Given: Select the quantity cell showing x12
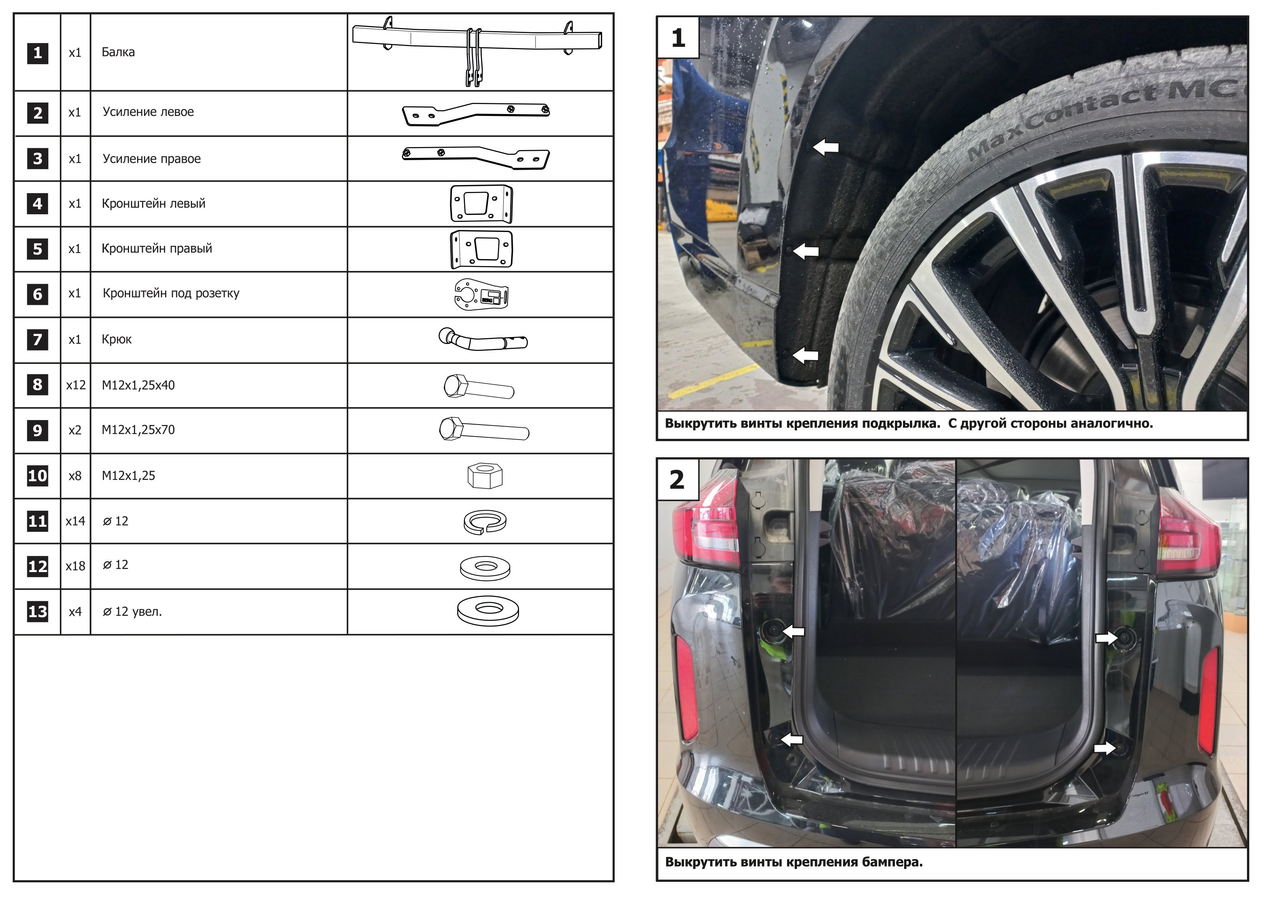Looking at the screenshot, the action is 76,385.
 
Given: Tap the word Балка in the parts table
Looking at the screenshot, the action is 118,52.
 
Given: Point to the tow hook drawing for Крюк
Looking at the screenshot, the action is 483,339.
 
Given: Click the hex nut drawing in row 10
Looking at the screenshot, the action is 485,475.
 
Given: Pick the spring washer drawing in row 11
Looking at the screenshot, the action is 485,522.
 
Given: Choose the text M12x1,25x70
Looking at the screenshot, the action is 138,430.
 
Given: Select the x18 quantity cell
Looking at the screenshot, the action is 76,566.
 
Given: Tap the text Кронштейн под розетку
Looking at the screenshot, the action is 171,293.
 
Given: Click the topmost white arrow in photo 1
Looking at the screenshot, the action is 826,147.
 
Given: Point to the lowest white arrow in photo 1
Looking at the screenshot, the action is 805,355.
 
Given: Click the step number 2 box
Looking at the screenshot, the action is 678,480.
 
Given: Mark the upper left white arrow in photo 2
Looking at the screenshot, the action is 793,631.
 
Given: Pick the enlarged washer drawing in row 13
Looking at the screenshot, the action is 488,611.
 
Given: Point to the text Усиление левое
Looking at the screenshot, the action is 148,112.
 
